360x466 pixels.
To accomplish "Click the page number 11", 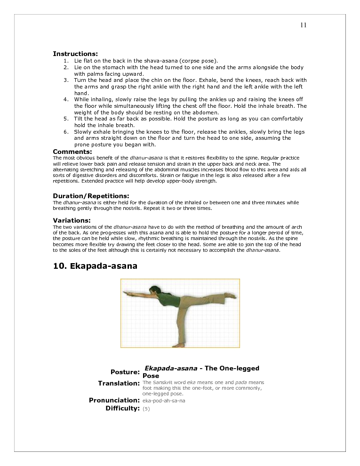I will pyautogui.click(x=303, y=25).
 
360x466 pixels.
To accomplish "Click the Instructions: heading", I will pyautogui.click(x=75, y=54).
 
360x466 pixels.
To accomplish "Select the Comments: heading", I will pyautogui.click(x=72, y=152).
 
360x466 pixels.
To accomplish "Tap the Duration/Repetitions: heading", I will pyautogui.click(x=91, y=196).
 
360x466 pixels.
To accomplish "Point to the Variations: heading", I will pyautogui.click(x=72, y=220).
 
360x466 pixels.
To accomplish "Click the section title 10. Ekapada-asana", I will pyautogui.click(x=95, y=266).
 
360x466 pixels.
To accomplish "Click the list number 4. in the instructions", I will pyautogui.click(x=66, y=100).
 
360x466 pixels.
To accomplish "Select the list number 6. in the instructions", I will pyautogui.click(x=66, y=132).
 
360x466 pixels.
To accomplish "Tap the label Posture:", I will pyautogui.click(x=125, y=372).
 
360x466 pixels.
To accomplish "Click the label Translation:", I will pyautogui.click(x=119, y=383).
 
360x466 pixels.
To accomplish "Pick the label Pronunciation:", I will pyautogui.click(x=114, y=400).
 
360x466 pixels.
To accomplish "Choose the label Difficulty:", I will pyautogui.click(x=123, y=408).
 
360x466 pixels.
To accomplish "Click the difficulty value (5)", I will pyautogui.click(x=146, y=409).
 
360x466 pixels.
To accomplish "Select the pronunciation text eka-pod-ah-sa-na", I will pyautogui.click(x=163, y=401).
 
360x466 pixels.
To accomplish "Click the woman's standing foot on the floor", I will pyautogui.click(x=178, y=345).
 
